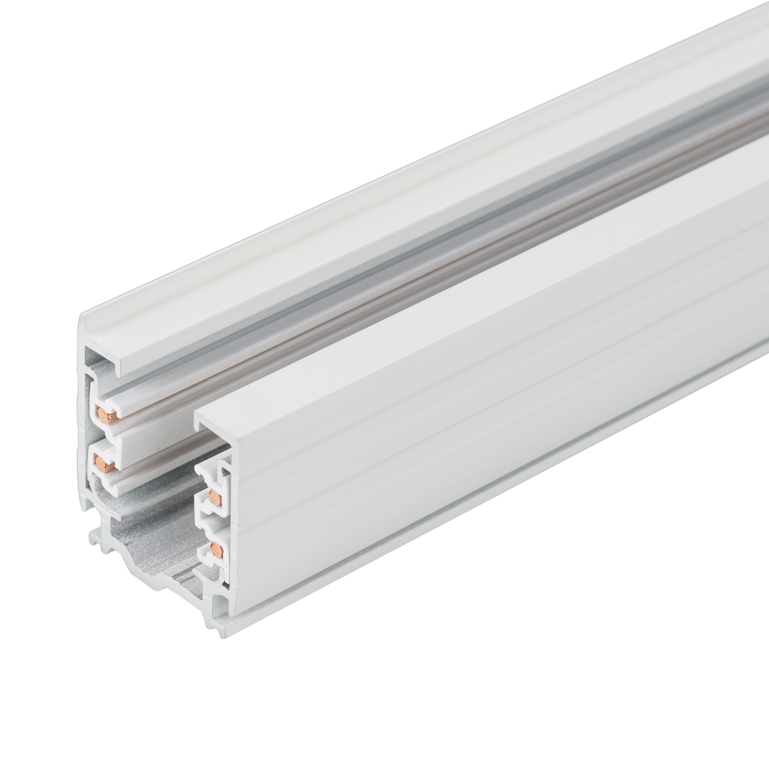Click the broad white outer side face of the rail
click(438, 418)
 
